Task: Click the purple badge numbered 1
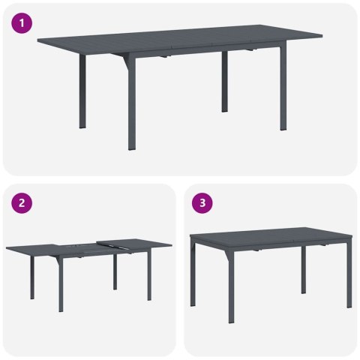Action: (x=24, y=23)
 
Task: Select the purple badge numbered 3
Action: (x=203, y=203)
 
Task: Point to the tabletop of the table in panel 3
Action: (x=270, y=235)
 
